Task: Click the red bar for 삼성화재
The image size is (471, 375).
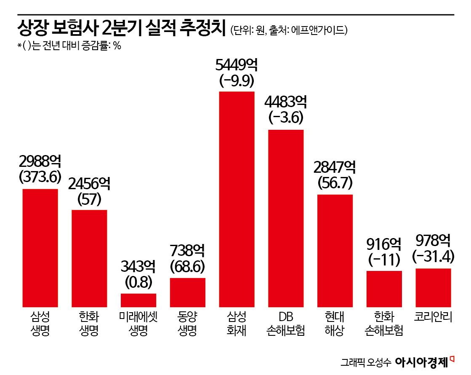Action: [x=237, y=199]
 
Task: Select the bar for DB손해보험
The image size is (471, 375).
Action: [x=286, y=218]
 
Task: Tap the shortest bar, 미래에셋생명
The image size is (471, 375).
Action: [x=138, y=300]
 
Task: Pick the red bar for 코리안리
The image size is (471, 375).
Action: [x=433, y=287]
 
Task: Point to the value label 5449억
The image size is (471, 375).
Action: [x=237, y=65]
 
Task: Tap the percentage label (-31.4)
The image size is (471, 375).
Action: [x=433, y=256]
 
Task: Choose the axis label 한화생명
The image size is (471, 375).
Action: [x=89, y=323]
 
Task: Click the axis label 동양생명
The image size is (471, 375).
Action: [x=187, y=323]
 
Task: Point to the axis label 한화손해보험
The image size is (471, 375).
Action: [x=384, y=323]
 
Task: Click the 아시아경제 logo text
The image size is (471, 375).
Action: [x=422, y=362]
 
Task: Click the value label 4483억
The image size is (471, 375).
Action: [x=286, y=102]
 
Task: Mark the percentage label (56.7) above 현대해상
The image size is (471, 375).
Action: [x=335, y=183]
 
